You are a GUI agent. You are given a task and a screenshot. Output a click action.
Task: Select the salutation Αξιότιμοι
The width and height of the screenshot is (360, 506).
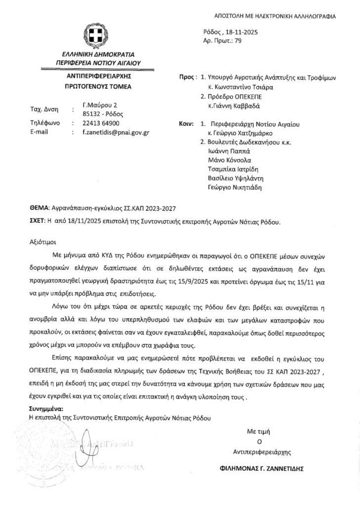tap(44, 243)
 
